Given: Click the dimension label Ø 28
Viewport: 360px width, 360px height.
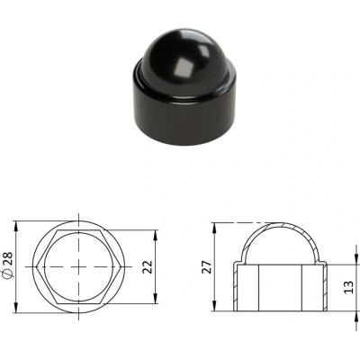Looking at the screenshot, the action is [x=8, y=265].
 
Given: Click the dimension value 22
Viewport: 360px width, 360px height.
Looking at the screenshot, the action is [x=148, y=267].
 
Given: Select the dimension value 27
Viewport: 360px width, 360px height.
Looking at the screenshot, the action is [x=207, y=266].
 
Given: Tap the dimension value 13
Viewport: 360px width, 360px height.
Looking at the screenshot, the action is [x=348, y=287].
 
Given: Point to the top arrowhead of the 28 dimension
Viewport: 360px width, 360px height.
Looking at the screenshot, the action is [x=16, y=226].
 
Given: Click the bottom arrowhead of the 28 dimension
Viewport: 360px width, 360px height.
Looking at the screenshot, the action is [x=16, y=309].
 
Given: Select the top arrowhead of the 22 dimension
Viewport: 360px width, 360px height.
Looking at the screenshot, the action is [x=156, y=235].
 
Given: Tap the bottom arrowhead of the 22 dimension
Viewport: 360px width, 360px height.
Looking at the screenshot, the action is [x=156, y=299].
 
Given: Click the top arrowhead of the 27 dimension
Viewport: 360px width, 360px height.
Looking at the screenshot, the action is [x=214, y=228].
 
